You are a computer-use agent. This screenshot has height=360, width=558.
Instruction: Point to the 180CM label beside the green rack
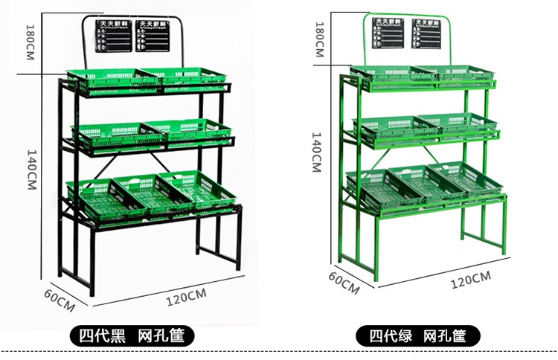pos(319,39)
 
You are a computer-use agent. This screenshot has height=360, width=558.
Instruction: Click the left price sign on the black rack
pos(113,36)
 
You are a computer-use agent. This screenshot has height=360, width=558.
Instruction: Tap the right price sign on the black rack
pos(155,36)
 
